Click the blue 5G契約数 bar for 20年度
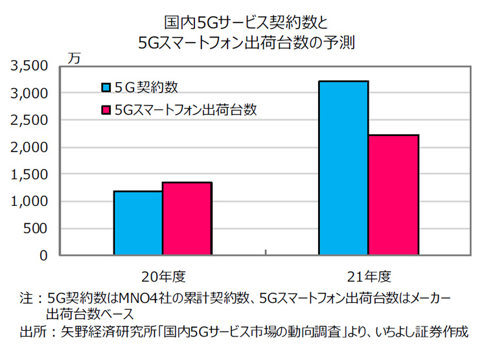tap(138, 223)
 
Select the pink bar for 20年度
tap(187, 218)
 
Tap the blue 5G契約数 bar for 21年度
tap(343, 168)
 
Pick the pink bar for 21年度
tap(393, 195)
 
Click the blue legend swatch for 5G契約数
tap(106, 87)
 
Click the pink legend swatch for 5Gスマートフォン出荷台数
tap(106, 110)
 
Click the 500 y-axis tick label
tap(37, 229)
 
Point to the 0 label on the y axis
tap(45, 256)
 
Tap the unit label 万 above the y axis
tap(75, 57)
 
